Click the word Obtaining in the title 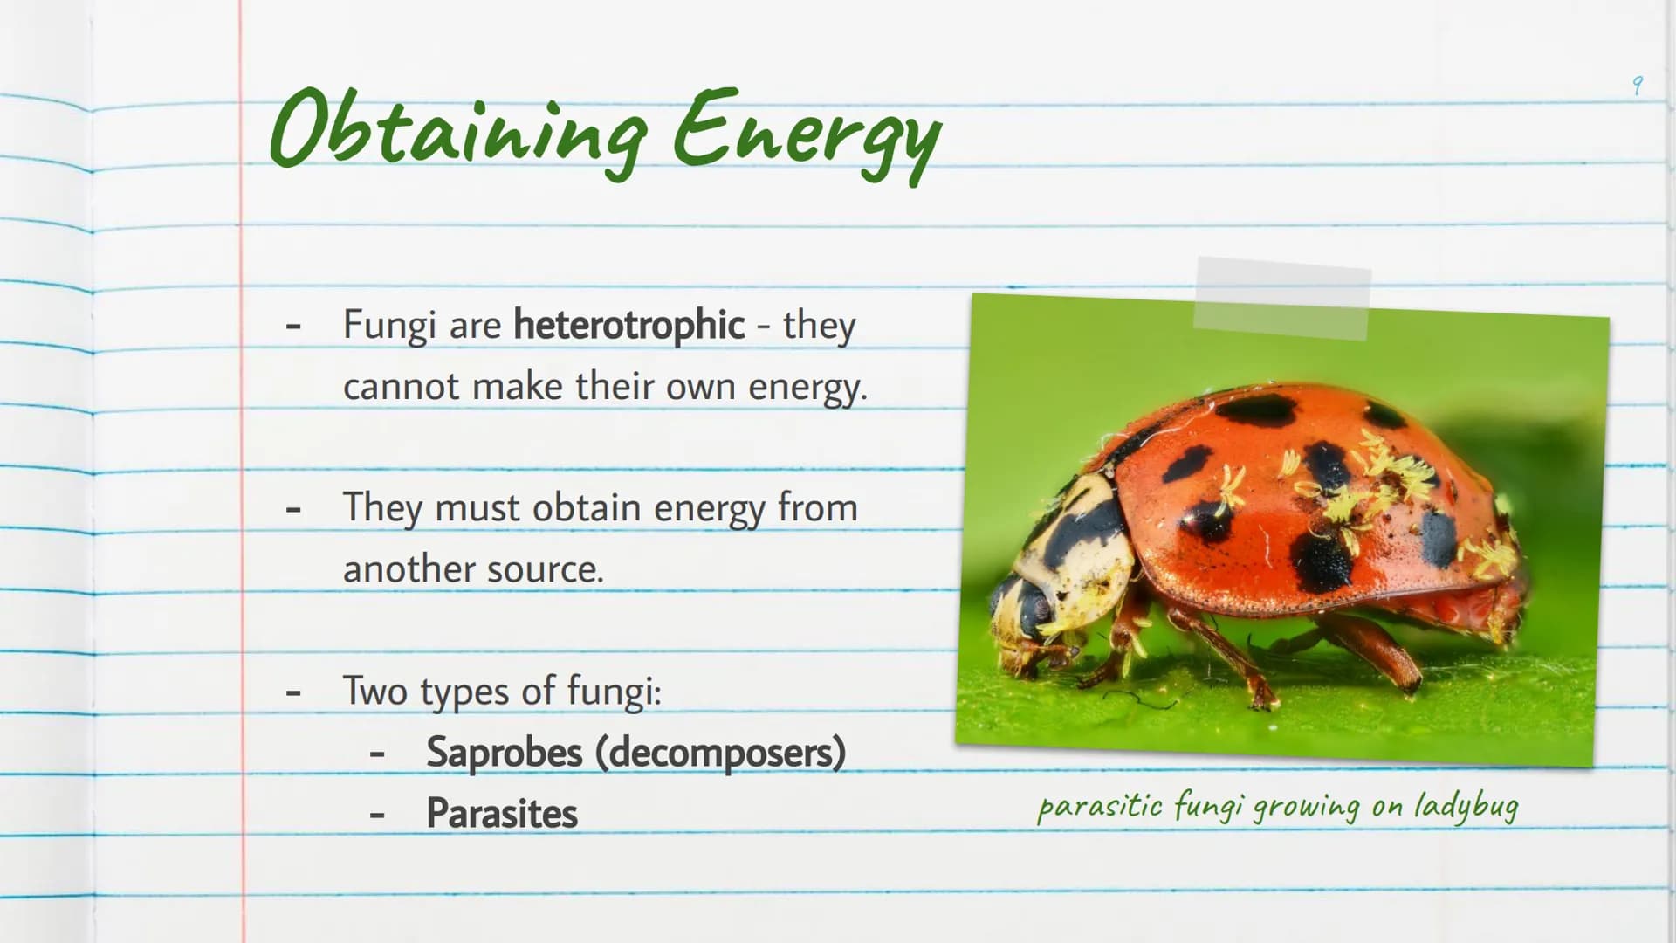tap(458, 131)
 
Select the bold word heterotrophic tap(628, 326)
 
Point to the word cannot tap(402, 387)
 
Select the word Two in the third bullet tap(375, 691)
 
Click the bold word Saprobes tap(505, 753)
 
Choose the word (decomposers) tap(721, 753)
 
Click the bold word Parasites tap(502, 814)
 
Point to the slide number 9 tap(1638, 86)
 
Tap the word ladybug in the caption tap(1466, 806)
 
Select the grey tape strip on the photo tap(1282, 298)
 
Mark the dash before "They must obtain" tap(293, 509)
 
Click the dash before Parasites tap(377, 816)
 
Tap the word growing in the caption tap(1307, 807)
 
